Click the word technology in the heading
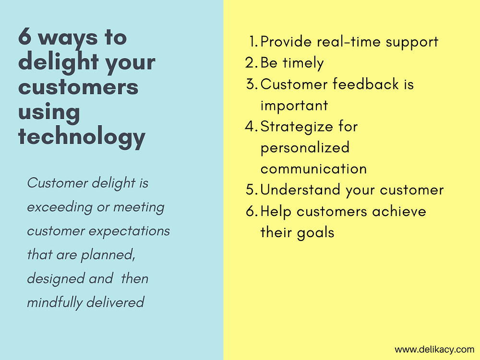(x=82, y=136)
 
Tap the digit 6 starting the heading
(x=25, y=37)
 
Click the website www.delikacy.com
(x=434, y=349)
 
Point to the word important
(x=294, y=106)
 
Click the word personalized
(x=305, y=148)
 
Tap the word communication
(x=313, y=169)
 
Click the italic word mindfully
(x=55, y=303)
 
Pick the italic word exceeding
(x=60, y=207)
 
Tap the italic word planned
(x=108, y=255)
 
